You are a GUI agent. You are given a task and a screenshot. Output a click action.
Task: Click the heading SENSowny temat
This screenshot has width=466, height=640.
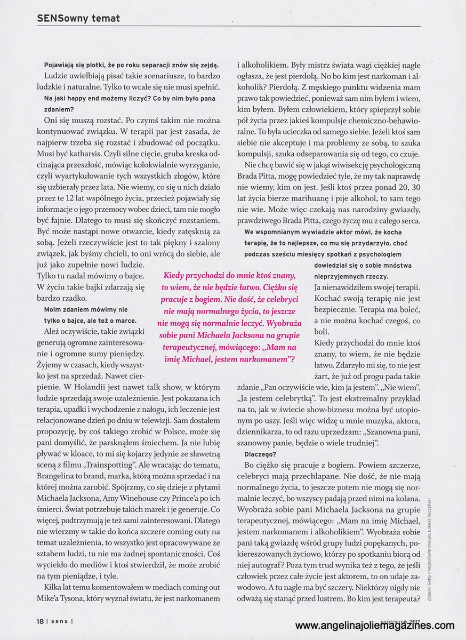click(x=78, y=18)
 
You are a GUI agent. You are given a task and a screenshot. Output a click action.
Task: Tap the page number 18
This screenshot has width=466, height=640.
click(x=40, y=621)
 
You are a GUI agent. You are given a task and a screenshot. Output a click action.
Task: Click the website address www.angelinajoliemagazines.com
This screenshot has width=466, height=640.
click(x=374, y=626)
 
